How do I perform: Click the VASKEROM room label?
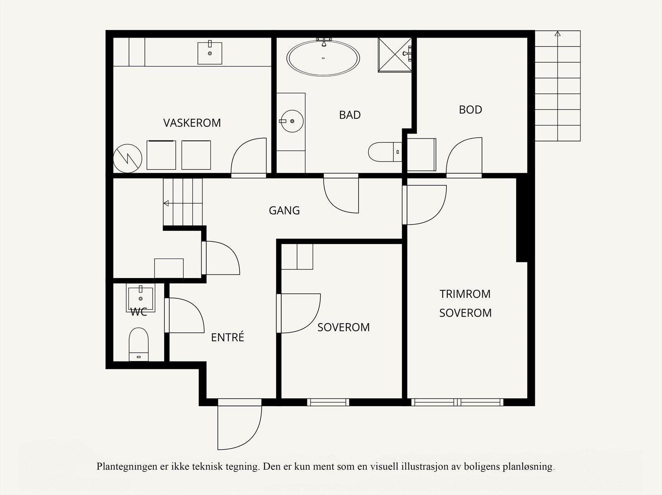[192, 123]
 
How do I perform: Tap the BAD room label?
[350, 115]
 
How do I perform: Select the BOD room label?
[470, 109]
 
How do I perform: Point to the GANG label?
[284, 211]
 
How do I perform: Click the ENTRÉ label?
[228, 338]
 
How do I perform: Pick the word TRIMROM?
[465, 294]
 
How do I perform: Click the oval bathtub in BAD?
[324, 58]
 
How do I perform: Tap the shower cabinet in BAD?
[395, 55]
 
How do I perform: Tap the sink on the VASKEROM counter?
[210, 52]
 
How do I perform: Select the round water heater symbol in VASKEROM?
[128, 158]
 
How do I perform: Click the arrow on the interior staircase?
[166, 203]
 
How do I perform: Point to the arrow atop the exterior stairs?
[557, 34]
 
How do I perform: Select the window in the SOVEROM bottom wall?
[328, 402]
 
